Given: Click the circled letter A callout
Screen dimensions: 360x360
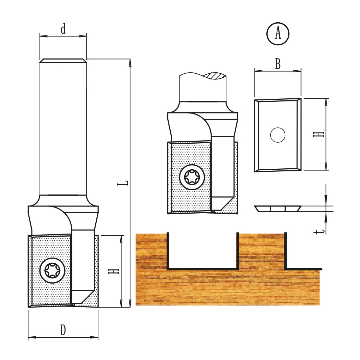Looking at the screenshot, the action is (278, 34).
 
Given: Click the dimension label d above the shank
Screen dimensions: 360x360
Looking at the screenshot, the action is (63, 28).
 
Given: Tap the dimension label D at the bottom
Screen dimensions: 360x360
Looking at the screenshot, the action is (63, 330).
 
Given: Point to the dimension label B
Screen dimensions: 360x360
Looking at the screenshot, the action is (278, 64).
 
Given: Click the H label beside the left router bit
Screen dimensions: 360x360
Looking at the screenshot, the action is (114, 271).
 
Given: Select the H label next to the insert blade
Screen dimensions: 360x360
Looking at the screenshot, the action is (318, 134).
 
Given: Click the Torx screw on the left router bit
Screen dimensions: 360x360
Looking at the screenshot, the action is (52, 270).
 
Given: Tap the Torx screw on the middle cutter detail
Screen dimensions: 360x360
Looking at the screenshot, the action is (192, 177).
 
